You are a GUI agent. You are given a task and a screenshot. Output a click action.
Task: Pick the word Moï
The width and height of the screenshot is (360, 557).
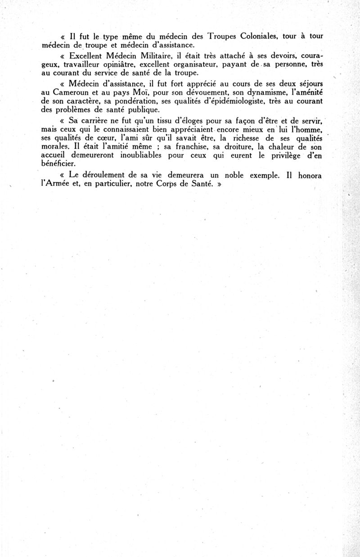tap(147, 93)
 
